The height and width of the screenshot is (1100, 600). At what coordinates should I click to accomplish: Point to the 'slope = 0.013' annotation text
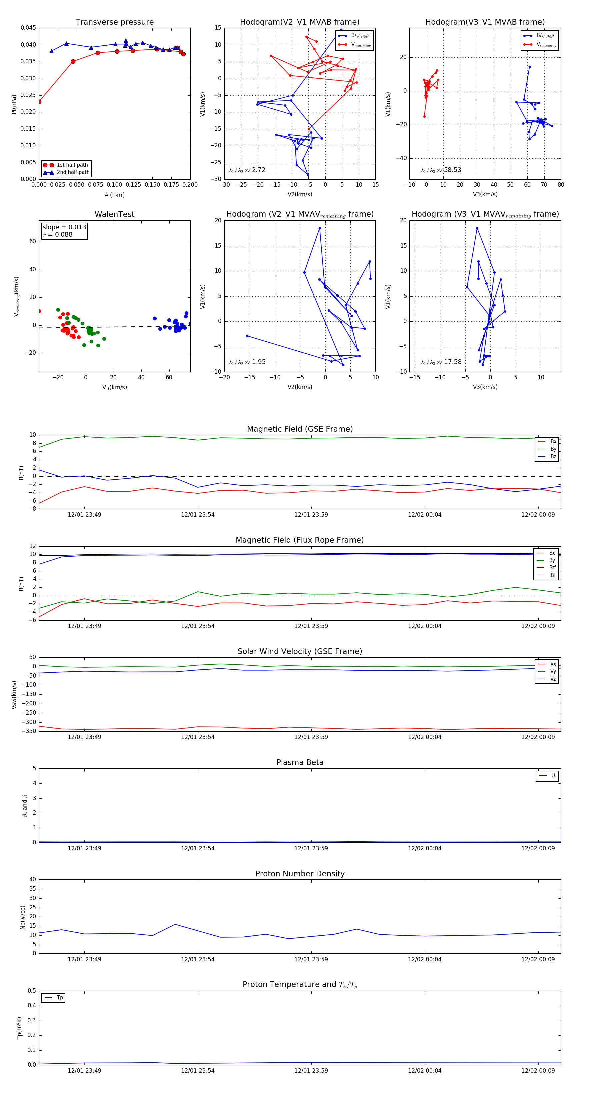pos(64,227)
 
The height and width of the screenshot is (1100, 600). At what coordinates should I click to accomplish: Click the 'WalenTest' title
pos(114,214)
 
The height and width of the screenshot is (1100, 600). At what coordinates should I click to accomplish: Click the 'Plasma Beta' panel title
pos(300,763)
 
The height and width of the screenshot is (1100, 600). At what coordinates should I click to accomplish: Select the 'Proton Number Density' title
pos(300,874)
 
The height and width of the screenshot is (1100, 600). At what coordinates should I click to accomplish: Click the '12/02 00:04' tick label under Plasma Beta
pos(424,848)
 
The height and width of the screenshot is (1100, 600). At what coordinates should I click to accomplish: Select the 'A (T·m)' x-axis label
pos(114,195)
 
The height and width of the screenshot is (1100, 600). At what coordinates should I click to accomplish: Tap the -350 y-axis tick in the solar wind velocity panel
pos(30,731)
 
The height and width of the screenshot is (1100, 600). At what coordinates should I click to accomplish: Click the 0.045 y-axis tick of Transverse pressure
pos(28,28)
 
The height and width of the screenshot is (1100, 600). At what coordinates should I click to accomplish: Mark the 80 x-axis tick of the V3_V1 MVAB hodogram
pos(561,185)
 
